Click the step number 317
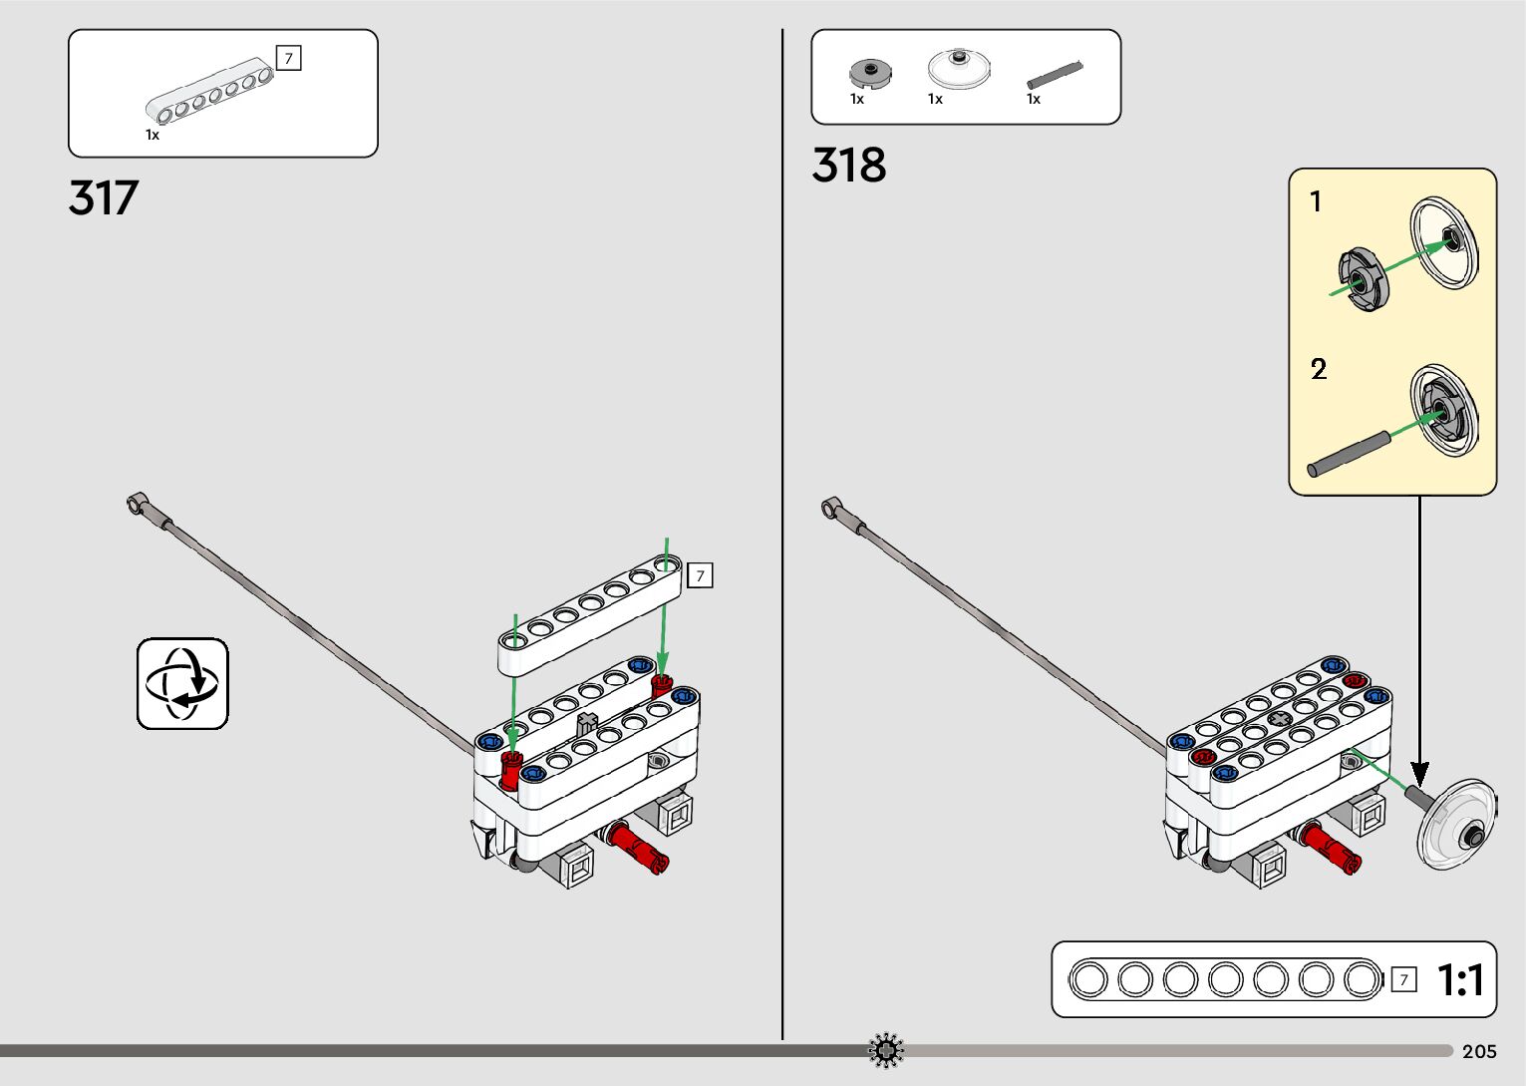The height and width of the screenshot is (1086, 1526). click(x=104, y=198)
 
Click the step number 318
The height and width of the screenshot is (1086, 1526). click(x=848, y=166)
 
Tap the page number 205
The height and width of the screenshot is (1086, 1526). click(x=1479, y=1051)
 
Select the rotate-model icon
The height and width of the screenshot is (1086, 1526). click(x=182, y=684)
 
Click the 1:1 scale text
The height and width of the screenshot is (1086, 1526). click(x=1460, y=980)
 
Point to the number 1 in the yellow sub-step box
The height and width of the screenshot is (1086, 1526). click(x=1316, y=201)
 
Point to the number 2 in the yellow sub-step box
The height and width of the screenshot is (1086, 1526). click(x=1319, y=370)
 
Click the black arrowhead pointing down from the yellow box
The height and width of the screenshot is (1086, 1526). click(x=1419, y=773)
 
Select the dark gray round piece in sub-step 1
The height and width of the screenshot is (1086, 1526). click(x=1363, y=279)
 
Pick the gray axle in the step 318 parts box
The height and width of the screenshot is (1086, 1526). click(x=1055, y=75)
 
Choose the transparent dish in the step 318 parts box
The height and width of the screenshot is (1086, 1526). click(x=959, y=68)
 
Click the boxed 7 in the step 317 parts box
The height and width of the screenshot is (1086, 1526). click(x=288, y=59)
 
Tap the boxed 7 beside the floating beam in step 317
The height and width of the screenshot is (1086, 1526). click(x=700, y=575)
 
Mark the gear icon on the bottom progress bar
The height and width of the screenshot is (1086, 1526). click(x=885, y=1050)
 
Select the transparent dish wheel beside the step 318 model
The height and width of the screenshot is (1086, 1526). click(x=1456, y=825)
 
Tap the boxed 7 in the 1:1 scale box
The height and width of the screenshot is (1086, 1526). click(x=1403, y=980)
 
